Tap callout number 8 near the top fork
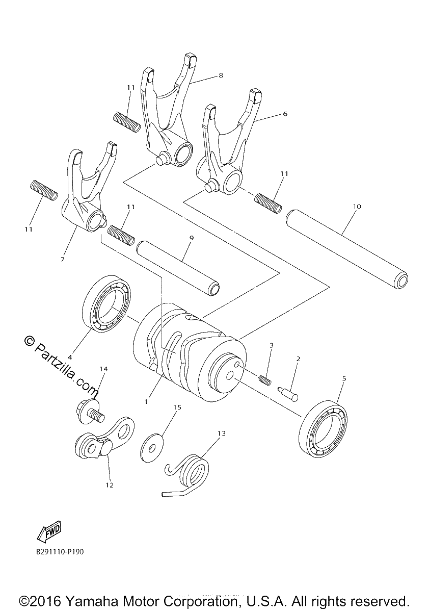tap(221, 75)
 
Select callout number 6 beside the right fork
tap(285, 113)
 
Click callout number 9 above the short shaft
tap(191, 238)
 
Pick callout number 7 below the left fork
tap(63, 259)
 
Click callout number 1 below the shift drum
tap(146, 402)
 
